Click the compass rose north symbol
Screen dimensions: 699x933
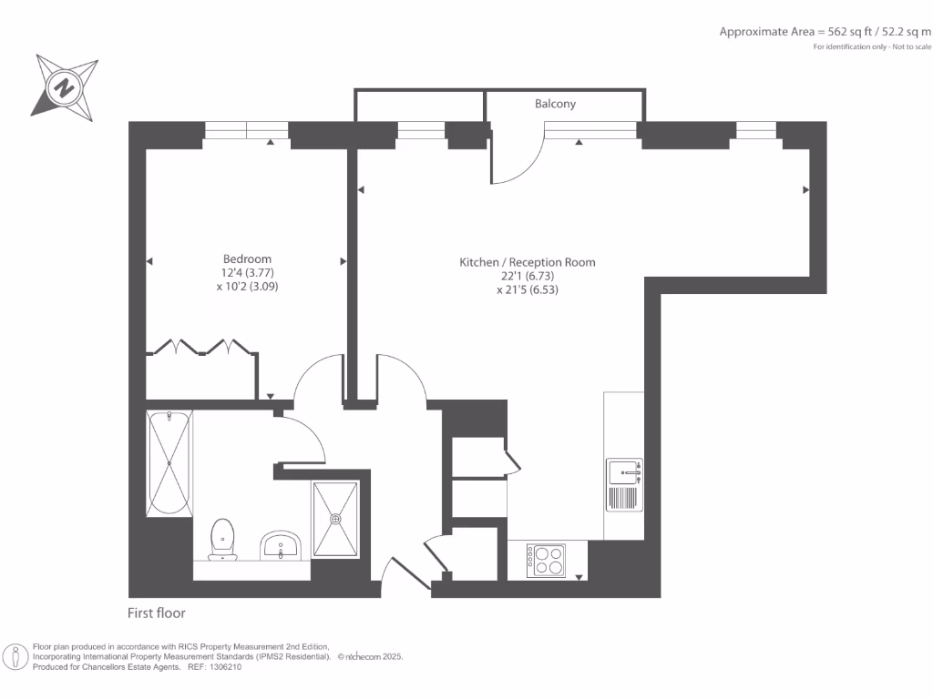65,87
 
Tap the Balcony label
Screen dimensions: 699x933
555,104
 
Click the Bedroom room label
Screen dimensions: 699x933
247,258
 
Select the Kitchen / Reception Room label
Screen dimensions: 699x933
527,262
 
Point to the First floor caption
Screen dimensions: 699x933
157,613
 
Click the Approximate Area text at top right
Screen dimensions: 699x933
825,31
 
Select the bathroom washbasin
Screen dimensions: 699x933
281,545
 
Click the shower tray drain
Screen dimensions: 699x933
336,519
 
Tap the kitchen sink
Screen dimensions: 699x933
624,472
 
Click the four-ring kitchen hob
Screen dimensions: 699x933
546,559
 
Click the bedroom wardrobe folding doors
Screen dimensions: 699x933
201,347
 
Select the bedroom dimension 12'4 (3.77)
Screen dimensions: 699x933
248,272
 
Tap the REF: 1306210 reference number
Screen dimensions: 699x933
216,667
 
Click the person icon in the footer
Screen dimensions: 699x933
16,656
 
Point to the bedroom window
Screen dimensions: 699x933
246,130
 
